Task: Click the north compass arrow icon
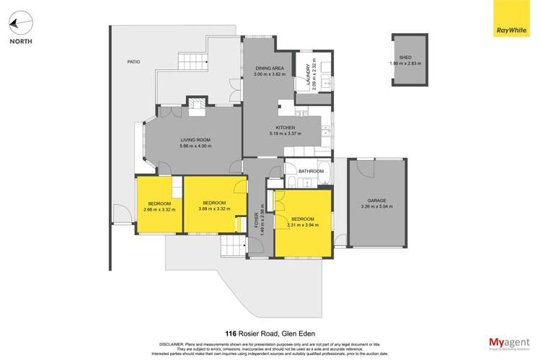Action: (x=20, y=24)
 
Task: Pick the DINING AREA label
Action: (x=269, y=68)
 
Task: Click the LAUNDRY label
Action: (x=308, y=74)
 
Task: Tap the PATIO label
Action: (x=133, y=63)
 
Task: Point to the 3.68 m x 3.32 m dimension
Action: (x=214, y=209)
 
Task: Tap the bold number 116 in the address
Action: (x=231, y=333)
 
